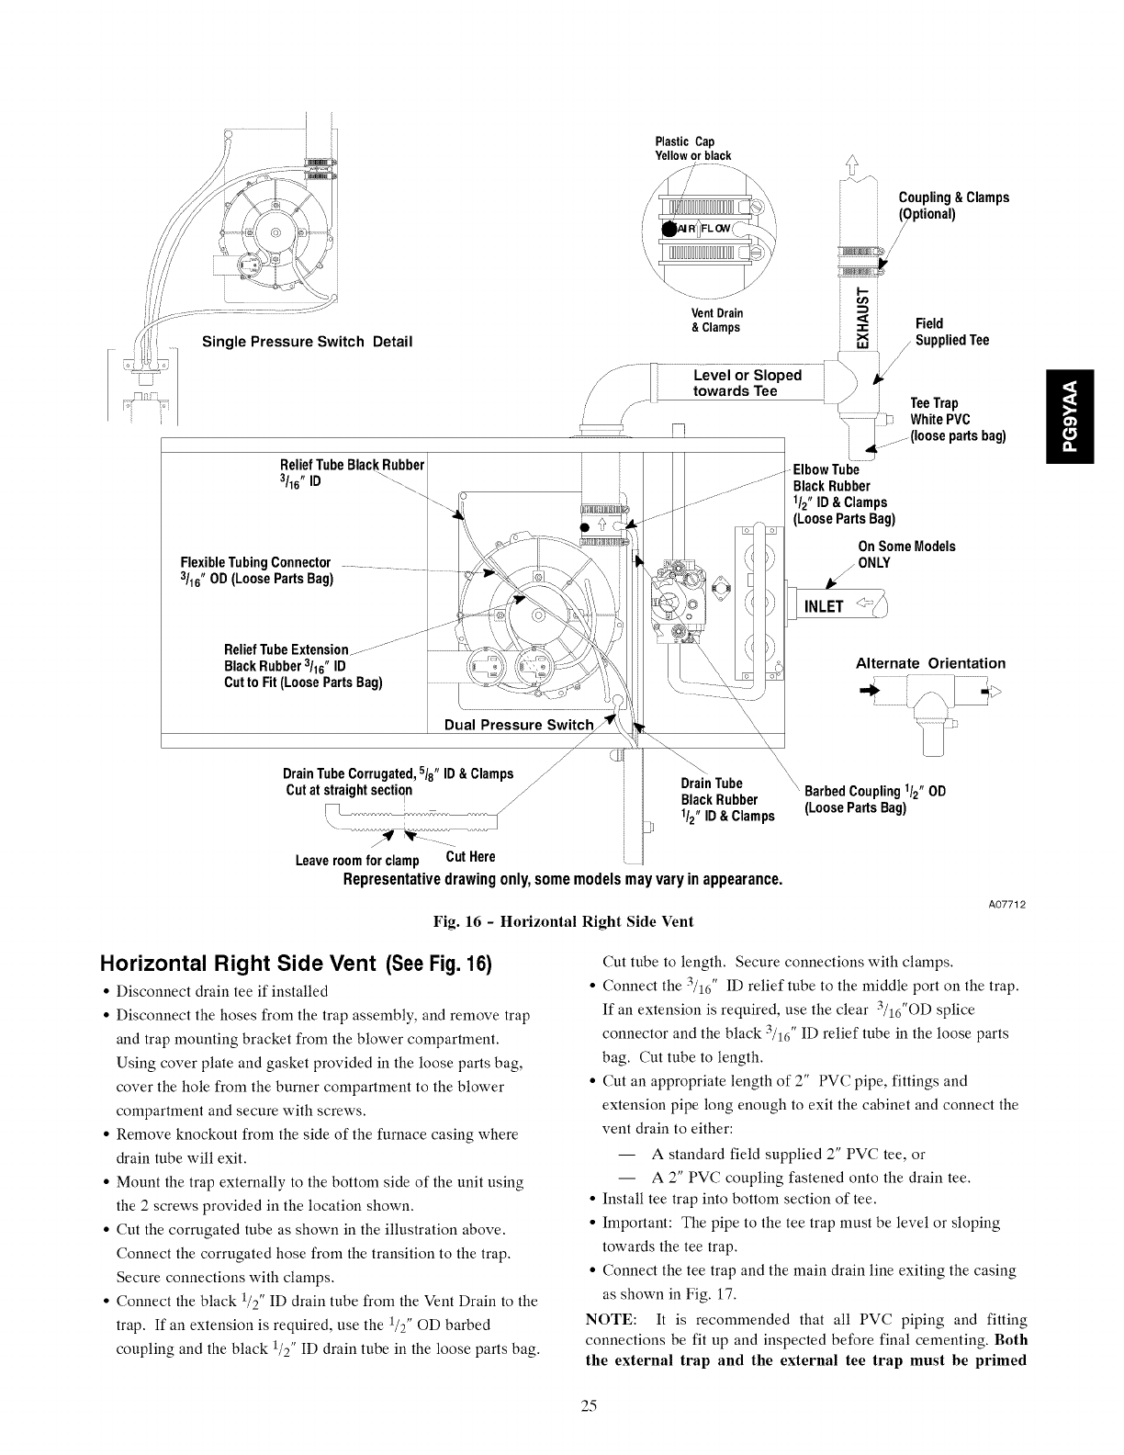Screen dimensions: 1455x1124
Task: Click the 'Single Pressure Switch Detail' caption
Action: [307, 342]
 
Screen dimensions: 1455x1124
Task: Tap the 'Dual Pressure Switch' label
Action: [519, 724]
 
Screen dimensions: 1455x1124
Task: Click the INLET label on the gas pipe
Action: [824, 606]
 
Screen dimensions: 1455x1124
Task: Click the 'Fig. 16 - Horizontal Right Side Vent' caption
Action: [562, 921]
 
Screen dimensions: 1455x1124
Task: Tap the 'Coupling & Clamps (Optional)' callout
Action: [952, 206]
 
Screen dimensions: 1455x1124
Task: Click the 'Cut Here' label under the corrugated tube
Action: [470, 857]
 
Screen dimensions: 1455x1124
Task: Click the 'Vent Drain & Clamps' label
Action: [717, 321]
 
